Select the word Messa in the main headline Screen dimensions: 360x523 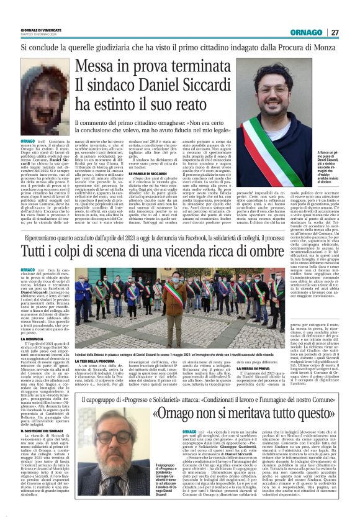click(97, 69)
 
